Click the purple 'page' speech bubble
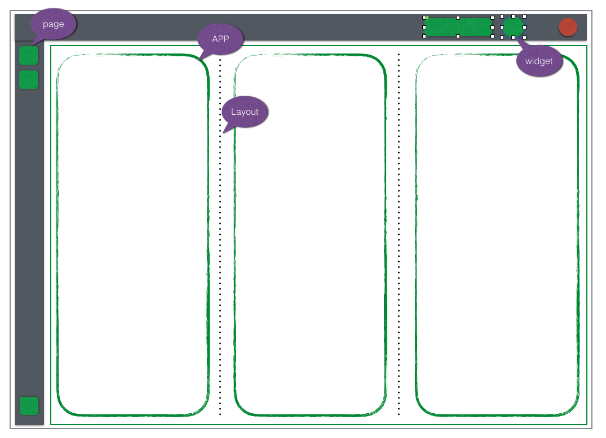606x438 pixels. (x=54, y=25)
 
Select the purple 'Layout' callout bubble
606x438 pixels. (x=245, y=112)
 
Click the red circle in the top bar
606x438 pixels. (x=568, y=27)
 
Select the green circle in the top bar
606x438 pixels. (x=513, y=27)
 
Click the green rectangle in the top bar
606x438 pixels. (x=458, y=27)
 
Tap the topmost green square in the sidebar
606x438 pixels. (x=29, y=56)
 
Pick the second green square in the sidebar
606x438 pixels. (x=29, y=79)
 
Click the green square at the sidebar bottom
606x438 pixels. (x=29, y=406)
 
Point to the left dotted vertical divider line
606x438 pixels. (x=220, y=253)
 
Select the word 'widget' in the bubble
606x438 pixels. (x=539, y=61)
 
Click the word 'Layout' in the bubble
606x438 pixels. (x=245, y=112)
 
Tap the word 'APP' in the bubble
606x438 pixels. (x=220, y=39)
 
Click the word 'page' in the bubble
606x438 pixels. (x=54, y=24)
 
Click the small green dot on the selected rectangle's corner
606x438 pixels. (x=427, y=17)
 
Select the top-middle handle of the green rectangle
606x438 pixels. (x=458, y=17)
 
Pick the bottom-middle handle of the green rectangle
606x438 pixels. (x=458, y=37)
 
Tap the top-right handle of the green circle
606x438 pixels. (x=524, y=17)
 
